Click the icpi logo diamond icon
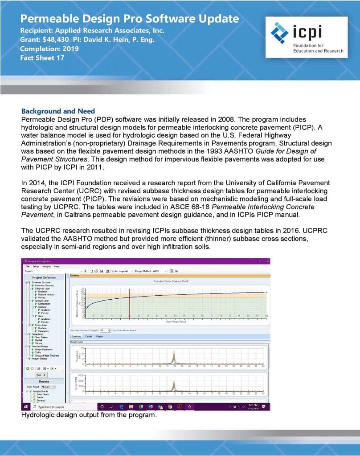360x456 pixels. (x=280, y=32)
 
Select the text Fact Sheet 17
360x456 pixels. (x=43, y=57)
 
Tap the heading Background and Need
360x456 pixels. (x=58, y=111)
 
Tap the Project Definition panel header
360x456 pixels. (x=44, y=277)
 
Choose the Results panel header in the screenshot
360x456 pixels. (x=44, y=382)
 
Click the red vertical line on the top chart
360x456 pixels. (x=130, y=303)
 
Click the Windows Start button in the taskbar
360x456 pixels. (x=25, y=407)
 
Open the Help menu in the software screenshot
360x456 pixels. (x=57, y=266)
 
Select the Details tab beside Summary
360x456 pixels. (x=89, y=336)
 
